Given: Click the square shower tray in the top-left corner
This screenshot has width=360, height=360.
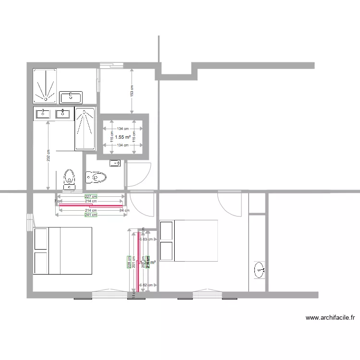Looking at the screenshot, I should coord(45,85).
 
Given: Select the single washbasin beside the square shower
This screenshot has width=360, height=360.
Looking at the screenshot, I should coord(71,97).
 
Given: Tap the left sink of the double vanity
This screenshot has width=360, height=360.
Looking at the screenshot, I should coord(43,114).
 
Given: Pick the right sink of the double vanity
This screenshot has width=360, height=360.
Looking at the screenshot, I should coord(63,114).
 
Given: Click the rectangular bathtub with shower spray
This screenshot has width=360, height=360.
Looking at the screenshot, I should coord(85,129).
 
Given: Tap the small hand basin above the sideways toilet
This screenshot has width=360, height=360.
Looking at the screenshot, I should coord(115,164).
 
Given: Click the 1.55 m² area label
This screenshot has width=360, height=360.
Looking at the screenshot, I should coord(123,137).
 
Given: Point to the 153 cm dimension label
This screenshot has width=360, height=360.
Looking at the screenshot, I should coord(132,91).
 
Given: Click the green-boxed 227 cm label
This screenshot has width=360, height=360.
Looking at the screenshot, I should coord(91,196).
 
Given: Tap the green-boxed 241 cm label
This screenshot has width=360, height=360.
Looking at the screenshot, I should coord(91,215).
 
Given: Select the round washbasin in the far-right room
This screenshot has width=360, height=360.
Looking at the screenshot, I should coord(260,270).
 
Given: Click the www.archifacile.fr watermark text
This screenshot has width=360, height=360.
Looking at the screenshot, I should coord(330,317).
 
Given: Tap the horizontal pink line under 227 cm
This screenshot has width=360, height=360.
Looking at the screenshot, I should coord(90,205).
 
